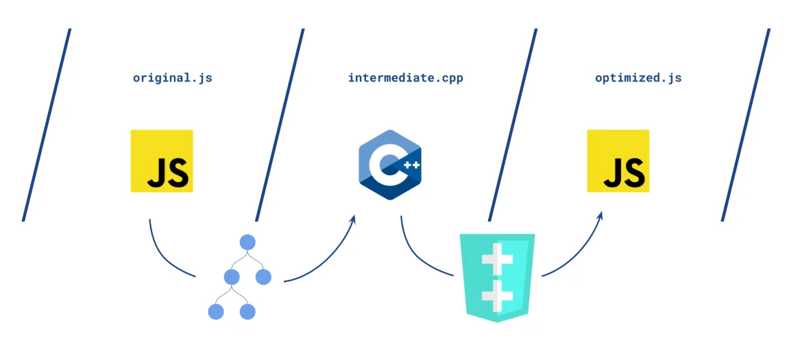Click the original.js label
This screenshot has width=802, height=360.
[x=172, y=77]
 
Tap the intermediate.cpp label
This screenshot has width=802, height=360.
[x=405, y=77]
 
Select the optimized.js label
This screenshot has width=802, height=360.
[x=638, y=77]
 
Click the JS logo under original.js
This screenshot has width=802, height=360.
[x=162, y=161]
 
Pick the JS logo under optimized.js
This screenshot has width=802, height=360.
[x=618, y=161]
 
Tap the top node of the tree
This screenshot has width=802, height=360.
[x=247, y=242]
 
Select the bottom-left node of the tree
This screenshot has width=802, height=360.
[x=216, y=312]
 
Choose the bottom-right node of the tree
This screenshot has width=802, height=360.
[x=247, y=312]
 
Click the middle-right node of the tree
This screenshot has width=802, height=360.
[x=264, y=277]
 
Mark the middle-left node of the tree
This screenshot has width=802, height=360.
[x=231, y=277]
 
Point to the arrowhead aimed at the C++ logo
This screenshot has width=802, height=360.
[x=354, y=219]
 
